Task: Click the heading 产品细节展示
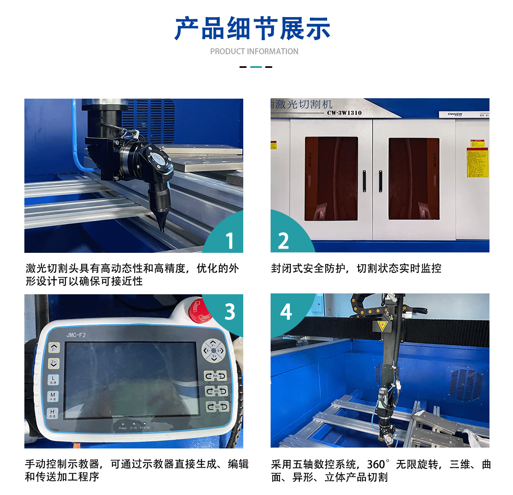click(252, 29)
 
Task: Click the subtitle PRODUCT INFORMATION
click(254, 51)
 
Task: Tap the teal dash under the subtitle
click(256, 67)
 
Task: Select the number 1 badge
click(230, 240)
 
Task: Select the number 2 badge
click(283, 241)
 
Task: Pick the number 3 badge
click(230, 312)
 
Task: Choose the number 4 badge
click(286, 311)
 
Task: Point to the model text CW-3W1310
click(344, 113)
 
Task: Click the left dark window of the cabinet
click(331, 179)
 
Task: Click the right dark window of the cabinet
click(414, 179)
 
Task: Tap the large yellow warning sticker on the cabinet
click(477, 162)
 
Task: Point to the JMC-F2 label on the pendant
click(76, 335)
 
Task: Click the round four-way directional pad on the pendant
click(213, 351)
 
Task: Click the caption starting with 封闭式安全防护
click(356, 268)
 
